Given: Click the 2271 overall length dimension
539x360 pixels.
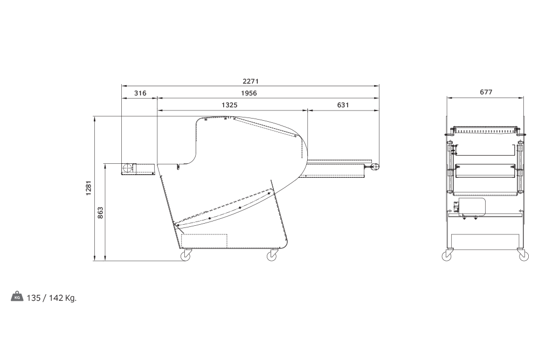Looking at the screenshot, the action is (250, 81).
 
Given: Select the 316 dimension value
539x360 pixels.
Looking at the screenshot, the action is (140, 93).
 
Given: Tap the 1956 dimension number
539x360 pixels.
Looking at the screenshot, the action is (249, 93).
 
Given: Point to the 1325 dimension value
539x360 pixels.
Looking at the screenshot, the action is (229, 105).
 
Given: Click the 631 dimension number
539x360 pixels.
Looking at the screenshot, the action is (343, 105).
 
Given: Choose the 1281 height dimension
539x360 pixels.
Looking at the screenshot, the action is (89, 188).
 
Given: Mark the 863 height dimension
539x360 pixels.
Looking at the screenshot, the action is (100, 213).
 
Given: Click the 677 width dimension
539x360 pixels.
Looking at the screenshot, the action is (486, 92).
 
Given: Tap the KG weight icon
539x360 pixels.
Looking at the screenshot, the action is (17, 297).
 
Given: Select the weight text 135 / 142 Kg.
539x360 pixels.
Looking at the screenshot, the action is (52, 298).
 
